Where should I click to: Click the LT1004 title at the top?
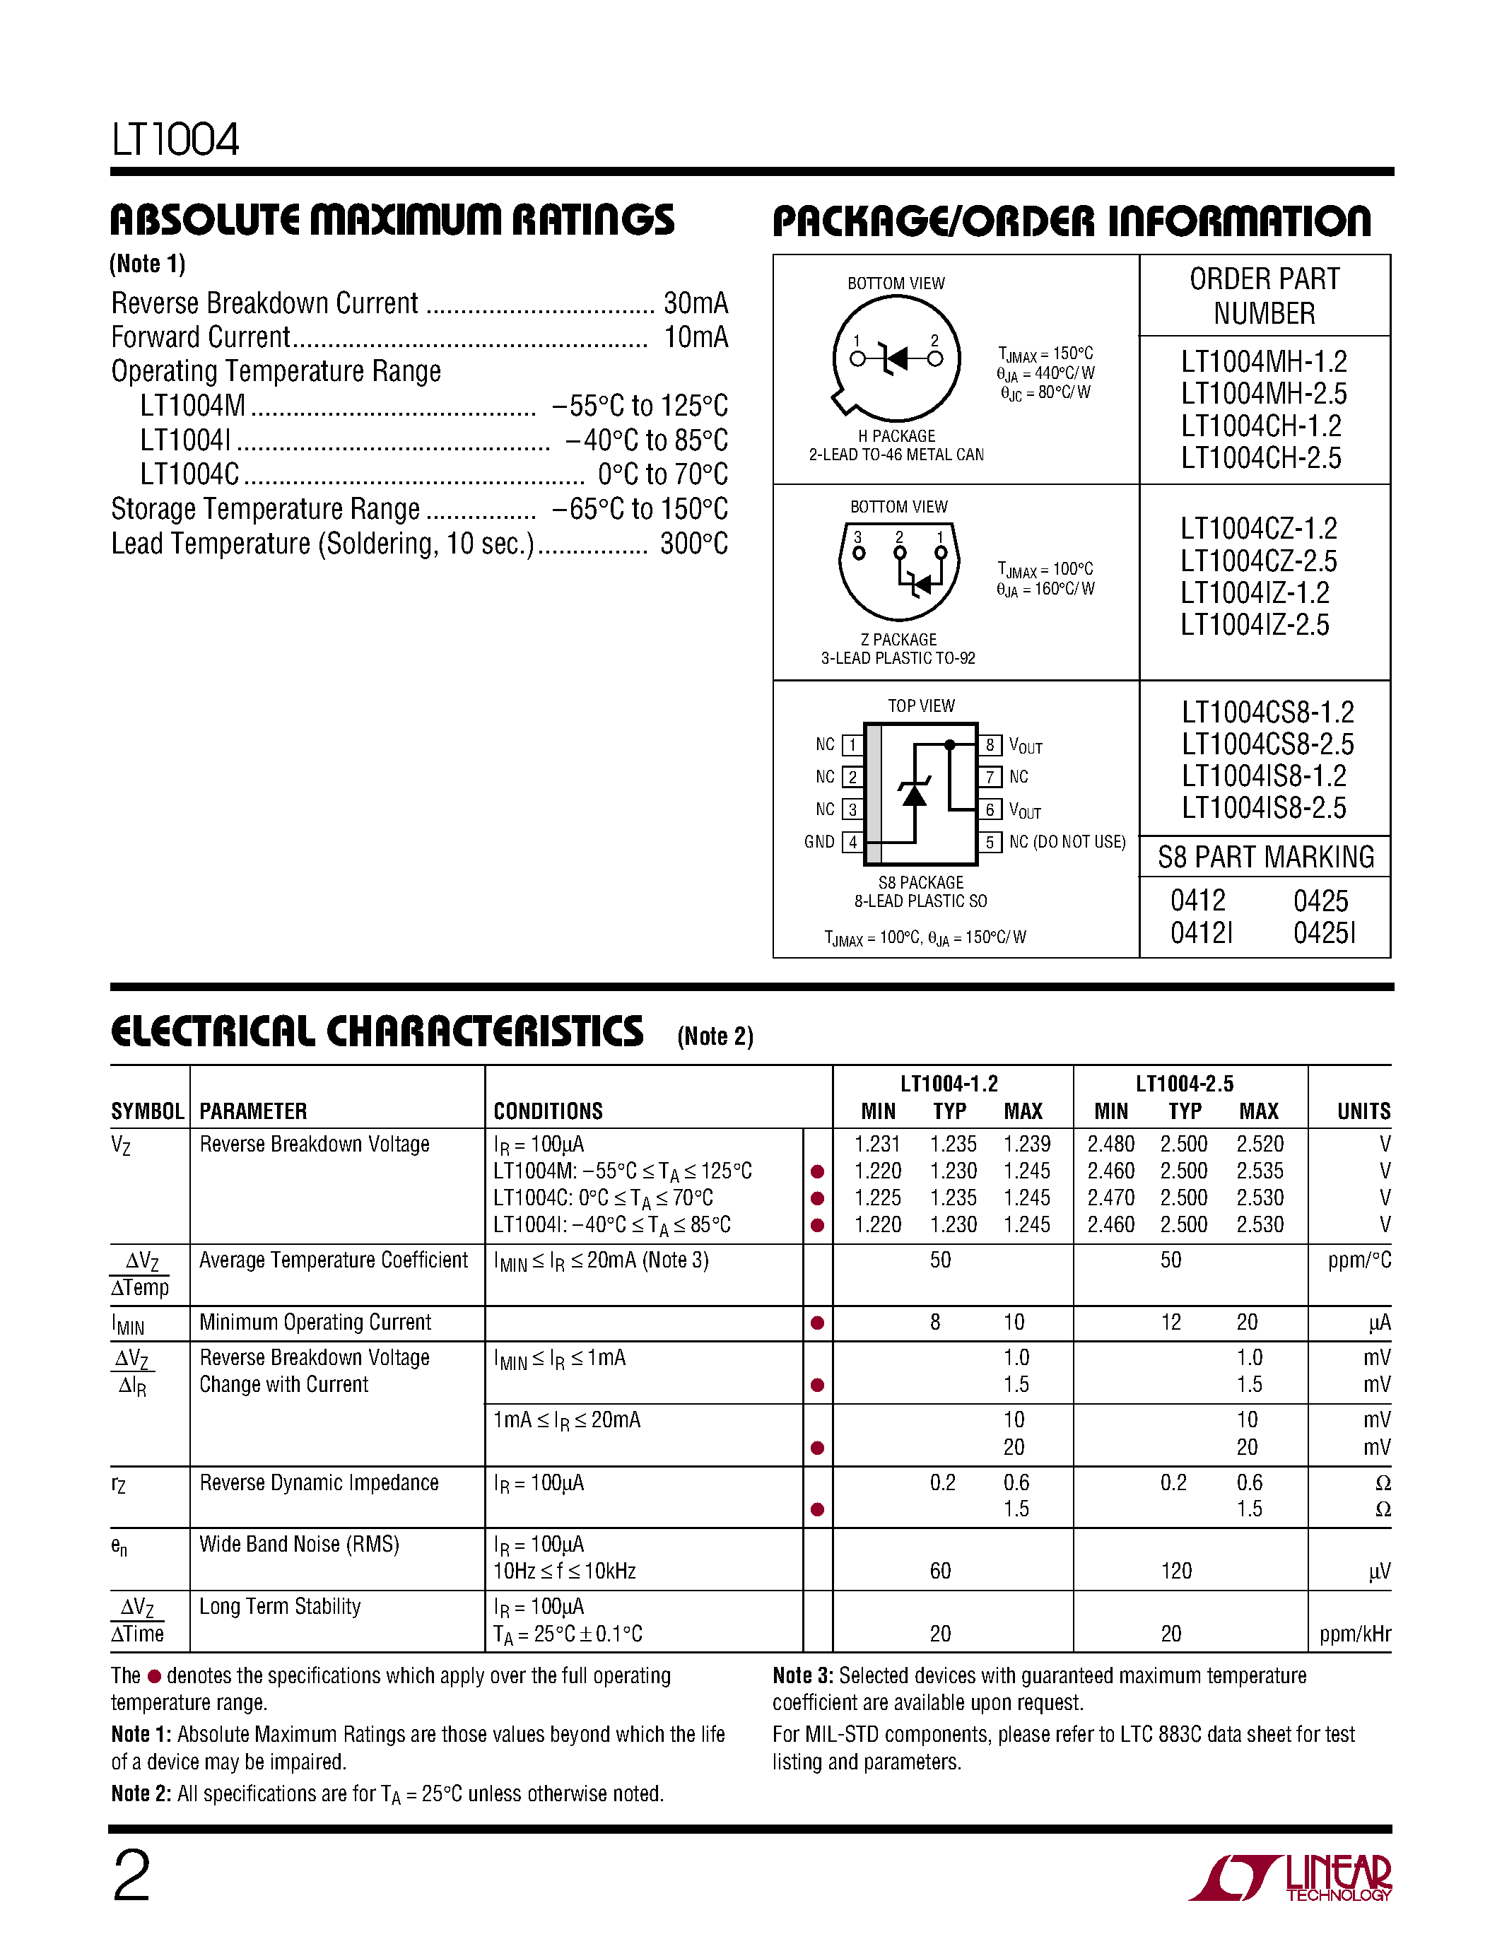tap(175, 140)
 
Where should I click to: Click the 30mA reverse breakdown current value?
tap(695, 303)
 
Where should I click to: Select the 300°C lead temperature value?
tap(693, 544)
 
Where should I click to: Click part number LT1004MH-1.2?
tap(1264, 362)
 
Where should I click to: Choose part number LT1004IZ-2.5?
tap(1254, 625)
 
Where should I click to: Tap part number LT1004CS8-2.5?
tap(1267, 744)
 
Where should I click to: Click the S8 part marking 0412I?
tap(1201, 933)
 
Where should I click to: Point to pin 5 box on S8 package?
tap(990, 842)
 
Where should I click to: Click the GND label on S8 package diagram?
tap(819, 842)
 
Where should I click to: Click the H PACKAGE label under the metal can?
tap(896, 436)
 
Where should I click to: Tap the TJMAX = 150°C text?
tap(1045, 354)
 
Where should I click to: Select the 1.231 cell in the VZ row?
tap(876, 1144)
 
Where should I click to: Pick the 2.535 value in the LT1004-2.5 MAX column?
tap(1259, 1171)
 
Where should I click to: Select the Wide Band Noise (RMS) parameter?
tap(299, 1545)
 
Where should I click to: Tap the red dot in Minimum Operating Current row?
tap(817, 1323)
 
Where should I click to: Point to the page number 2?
tap(131, 1876)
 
